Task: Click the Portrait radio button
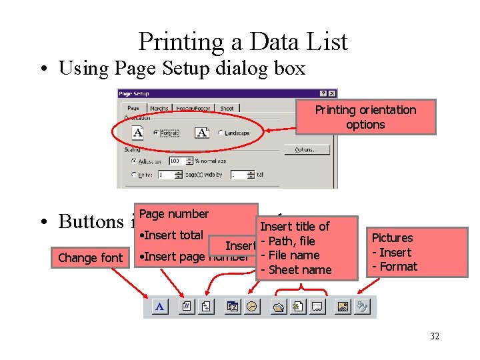155,133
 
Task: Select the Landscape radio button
221,133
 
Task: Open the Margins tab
159,108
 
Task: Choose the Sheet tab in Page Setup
227,108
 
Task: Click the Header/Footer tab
193,108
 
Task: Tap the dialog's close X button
332,94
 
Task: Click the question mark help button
323,94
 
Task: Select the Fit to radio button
135,175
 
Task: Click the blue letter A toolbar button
160,307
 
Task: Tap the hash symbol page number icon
187,307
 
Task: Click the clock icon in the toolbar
252,307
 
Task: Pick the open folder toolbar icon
278,307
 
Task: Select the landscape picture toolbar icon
343,307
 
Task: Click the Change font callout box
91,258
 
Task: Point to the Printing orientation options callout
365,117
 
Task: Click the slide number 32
434,336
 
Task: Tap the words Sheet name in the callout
299,269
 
